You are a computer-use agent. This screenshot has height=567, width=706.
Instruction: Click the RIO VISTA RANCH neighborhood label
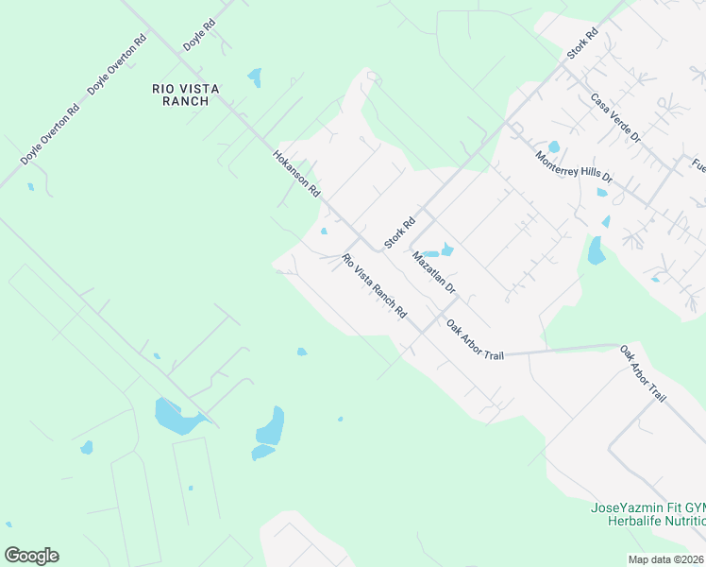tap(186, 94)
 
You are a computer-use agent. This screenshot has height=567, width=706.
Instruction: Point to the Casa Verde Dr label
tap(615, 117)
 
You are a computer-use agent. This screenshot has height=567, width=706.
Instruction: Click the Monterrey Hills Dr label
tap(574, 167)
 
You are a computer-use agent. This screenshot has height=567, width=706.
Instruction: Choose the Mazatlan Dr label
tap(433, 272)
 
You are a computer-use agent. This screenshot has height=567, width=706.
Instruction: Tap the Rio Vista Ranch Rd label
tap(373, 285)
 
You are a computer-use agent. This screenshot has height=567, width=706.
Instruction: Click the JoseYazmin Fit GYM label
tap(647, 507)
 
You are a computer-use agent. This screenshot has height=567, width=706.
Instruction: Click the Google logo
tap(31, 556)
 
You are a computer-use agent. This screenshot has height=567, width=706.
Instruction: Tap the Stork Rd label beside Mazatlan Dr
tap(400, 234)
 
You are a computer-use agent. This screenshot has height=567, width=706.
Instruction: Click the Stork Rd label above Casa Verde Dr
tap(582, 44)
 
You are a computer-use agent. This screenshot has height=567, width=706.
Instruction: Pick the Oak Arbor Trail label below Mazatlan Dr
tap(475, 337)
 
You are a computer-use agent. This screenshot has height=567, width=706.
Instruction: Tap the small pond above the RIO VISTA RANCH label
tap(254, 77)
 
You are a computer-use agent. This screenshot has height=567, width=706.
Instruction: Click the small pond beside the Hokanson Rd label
tap(324, 232)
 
